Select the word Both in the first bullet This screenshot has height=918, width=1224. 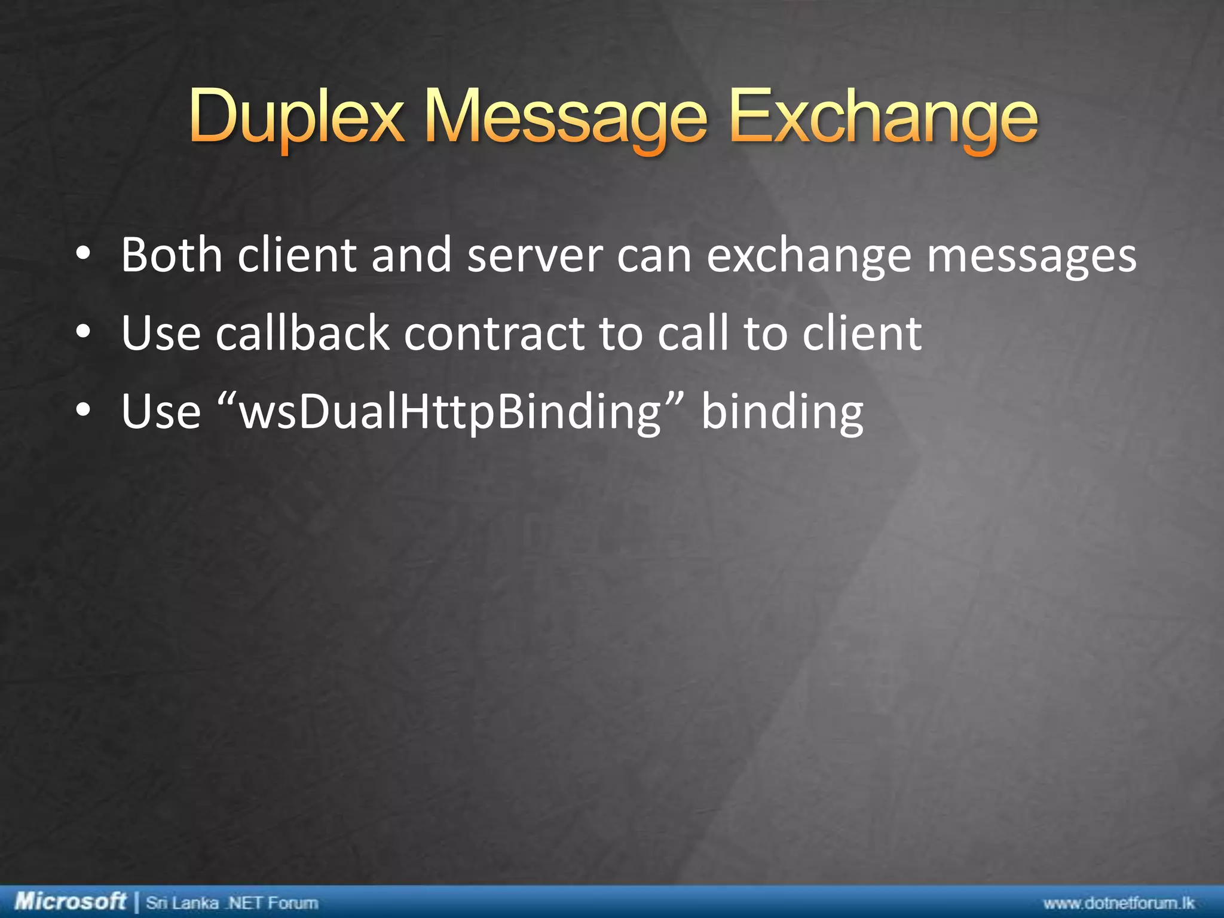coord(172,255)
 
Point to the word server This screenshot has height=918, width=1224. coord(535,256)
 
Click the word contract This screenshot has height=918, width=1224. coord(494,333)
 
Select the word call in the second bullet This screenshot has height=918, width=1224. coord(693,333)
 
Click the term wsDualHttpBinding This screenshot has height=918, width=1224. coord(449,412)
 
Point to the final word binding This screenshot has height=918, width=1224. coord(782,412)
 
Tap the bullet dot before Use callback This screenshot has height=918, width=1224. coord(83,333)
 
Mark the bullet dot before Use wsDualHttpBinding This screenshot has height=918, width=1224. coord(83,411)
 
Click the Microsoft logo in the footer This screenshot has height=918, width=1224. coord(70,901)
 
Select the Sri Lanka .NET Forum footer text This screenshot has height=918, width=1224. coord(232,902)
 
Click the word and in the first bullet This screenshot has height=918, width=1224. coord(411,255)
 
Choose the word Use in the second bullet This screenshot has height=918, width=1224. coord(161,333)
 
